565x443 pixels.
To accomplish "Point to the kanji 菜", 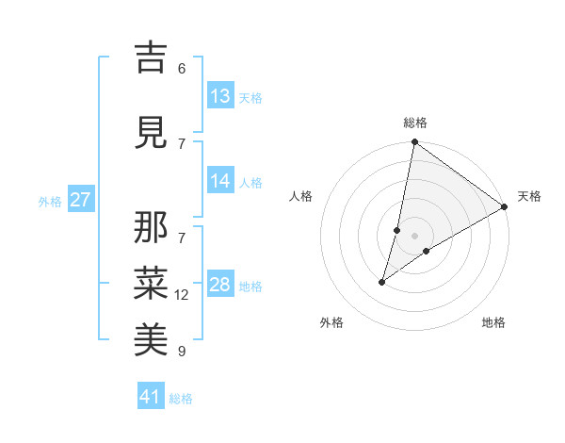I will click(151, 284).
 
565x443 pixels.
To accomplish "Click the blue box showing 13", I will click(220, 96).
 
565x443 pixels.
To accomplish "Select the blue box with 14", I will click(220, 181).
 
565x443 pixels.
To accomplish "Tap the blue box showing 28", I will click(220, 285).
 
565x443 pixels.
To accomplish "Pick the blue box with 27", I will click(80, 200).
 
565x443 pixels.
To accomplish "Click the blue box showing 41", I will click(151, 397).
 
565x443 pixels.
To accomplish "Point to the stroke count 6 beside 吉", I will click(182, 68).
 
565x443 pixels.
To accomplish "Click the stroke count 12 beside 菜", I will click(183, 295).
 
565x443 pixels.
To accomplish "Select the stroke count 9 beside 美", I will click(182, 352).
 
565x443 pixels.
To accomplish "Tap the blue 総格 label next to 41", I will click(181, 399).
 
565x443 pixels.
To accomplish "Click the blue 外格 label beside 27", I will click(49, 202).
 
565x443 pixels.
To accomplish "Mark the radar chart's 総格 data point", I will click(414, 141).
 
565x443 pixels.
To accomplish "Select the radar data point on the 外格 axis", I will click(382, 281).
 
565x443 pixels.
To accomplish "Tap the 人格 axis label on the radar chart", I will click(301, 196).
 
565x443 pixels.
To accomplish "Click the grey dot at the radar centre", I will click(414, 235).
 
